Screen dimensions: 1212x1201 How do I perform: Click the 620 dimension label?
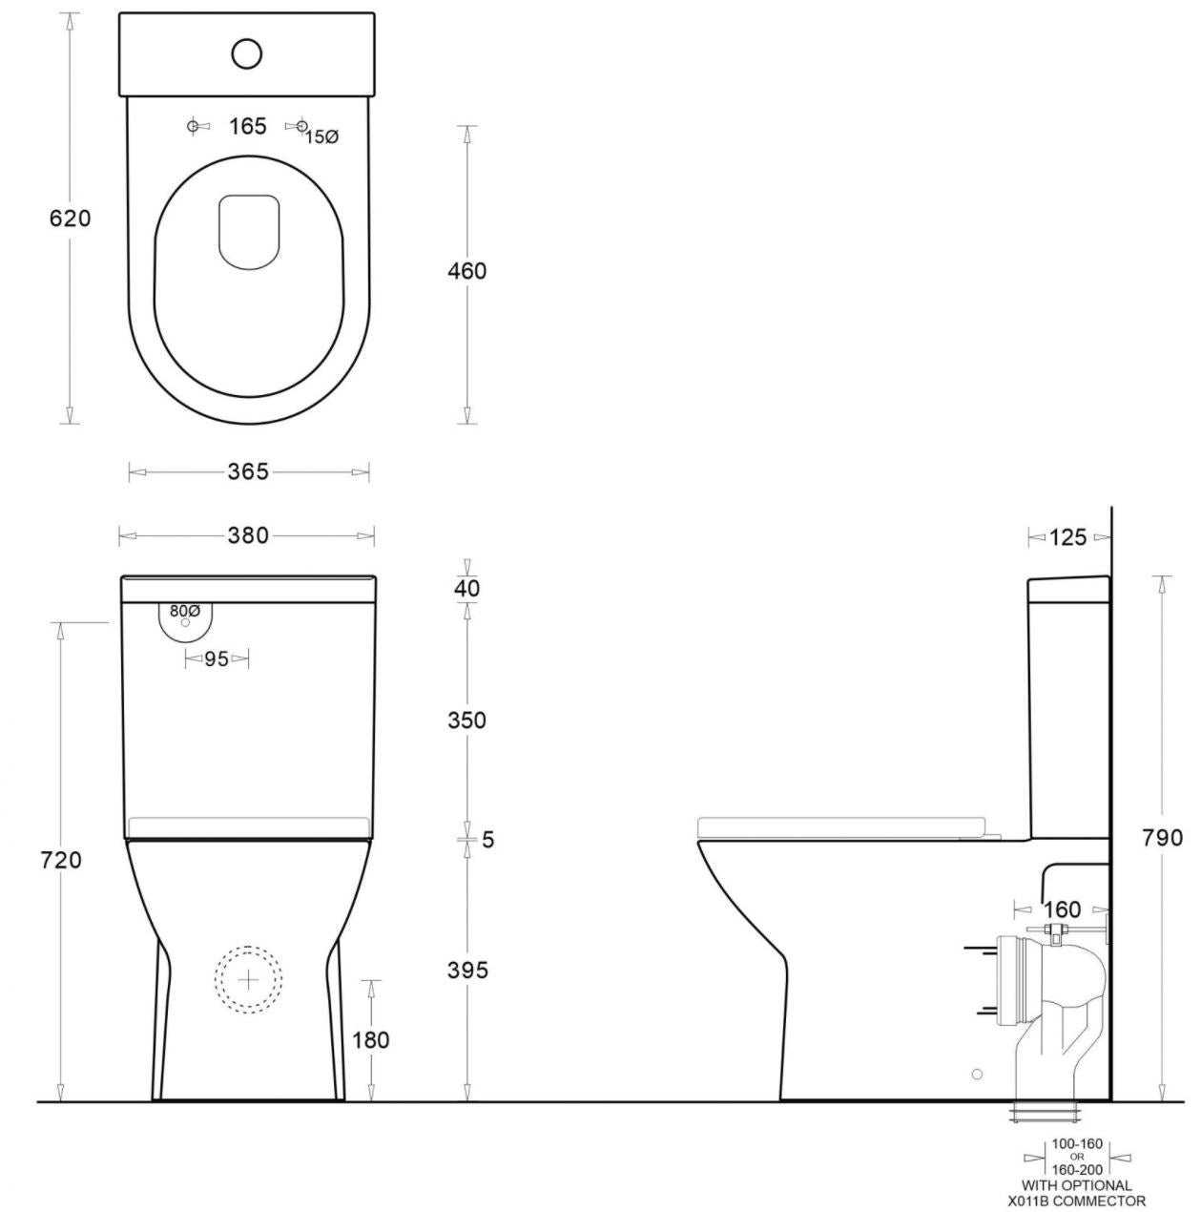70,219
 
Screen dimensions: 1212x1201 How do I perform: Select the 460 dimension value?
466,271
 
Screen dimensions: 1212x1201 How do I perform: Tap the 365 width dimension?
248,471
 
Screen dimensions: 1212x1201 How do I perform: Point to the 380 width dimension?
247,536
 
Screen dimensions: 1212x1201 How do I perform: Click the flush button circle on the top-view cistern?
246,53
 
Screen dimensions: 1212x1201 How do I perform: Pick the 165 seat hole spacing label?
247,126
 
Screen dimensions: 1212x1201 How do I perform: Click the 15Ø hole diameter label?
322,137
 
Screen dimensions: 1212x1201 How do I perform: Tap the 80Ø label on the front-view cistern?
185,611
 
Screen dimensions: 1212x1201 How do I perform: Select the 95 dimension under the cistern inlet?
217,658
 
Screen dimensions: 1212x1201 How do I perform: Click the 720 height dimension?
62,860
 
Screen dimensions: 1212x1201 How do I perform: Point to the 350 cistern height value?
466,721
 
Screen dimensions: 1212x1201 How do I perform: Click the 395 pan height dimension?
466,971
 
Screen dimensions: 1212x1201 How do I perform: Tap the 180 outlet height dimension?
370,1039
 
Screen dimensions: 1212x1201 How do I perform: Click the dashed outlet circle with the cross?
248,980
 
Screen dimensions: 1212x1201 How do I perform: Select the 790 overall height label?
1162,838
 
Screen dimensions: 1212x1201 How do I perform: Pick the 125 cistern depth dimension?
1067,538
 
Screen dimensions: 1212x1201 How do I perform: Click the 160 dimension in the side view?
1062,909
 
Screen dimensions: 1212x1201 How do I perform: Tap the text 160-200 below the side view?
1078,1169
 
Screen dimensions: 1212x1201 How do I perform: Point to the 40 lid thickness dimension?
466,589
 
